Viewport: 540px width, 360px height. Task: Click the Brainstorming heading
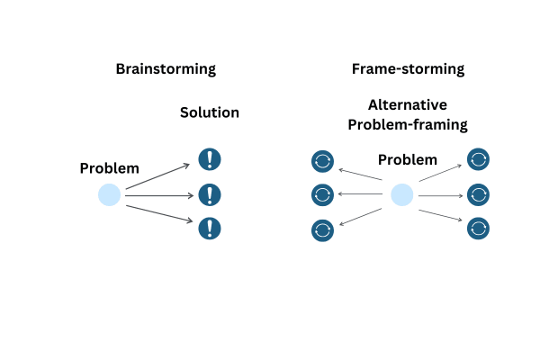point(166,69)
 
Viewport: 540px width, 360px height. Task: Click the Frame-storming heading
point(408,69)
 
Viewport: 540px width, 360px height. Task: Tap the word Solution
point(210,112)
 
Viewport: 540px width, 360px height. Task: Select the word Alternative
point(408,104)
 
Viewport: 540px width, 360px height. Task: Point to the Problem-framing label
point(408,125)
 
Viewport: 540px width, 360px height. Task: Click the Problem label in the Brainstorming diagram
point(110,168)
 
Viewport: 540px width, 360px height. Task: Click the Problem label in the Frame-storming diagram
point(408,160)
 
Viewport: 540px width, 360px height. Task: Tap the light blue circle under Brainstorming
point(109,194)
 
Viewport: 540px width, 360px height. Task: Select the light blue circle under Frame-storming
point(402,194)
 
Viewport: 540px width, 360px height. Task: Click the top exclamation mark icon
point(210,159)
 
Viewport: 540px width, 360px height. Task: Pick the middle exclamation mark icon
point(210,194)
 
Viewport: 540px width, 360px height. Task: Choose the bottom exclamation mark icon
point(210,228)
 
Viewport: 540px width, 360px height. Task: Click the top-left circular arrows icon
point(322,161)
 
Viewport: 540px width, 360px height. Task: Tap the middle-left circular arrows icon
point(322,194)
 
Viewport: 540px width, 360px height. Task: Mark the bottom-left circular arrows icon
point(322,230)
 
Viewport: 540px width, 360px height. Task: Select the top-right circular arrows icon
point(478,159)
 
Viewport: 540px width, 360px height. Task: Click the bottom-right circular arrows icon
point(478,228)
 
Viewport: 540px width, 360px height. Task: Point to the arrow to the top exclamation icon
point(157,176)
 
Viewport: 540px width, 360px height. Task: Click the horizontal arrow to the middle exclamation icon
point(159,195)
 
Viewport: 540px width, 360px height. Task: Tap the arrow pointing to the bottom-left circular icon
point(361,217)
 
